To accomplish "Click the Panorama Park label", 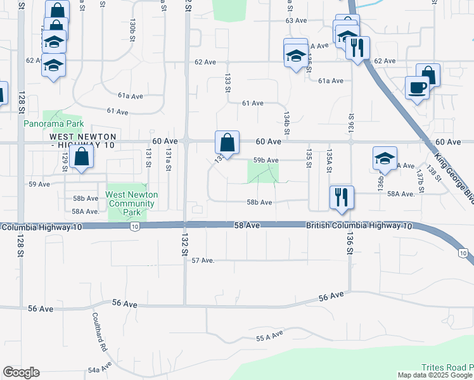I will pos(54,124).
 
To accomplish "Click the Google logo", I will pos(21,372).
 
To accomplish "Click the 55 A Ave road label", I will pos(269,339).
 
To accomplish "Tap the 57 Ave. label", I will pos(204,260).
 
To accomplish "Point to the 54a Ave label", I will pos(100,367).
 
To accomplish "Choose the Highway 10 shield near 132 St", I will pos(134,225).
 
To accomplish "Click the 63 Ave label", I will pos(296,21).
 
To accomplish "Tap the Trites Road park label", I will pos(447,367).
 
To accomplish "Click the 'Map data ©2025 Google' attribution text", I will pos(435,375).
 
